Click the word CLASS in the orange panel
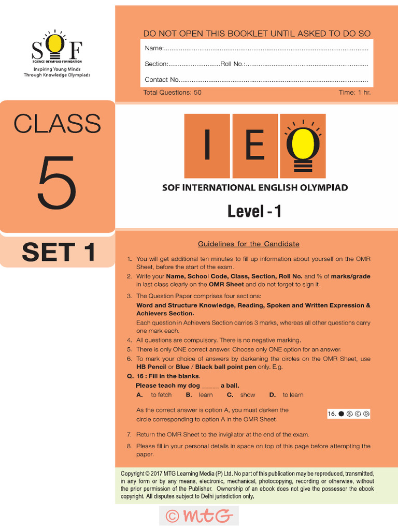[57, 124]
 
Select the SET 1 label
[58, 252]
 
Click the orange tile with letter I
[207, 146]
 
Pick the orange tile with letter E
[255, 146]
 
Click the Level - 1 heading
[254, 211]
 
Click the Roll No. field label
[232, 64]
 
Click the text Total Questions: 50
[172, 93]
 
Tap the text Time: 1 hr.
[354, 93]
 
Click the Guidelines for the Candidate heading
[249, 244]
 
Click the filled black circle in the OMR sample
[341, 414]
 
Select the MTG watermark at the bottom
[199, 516]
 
